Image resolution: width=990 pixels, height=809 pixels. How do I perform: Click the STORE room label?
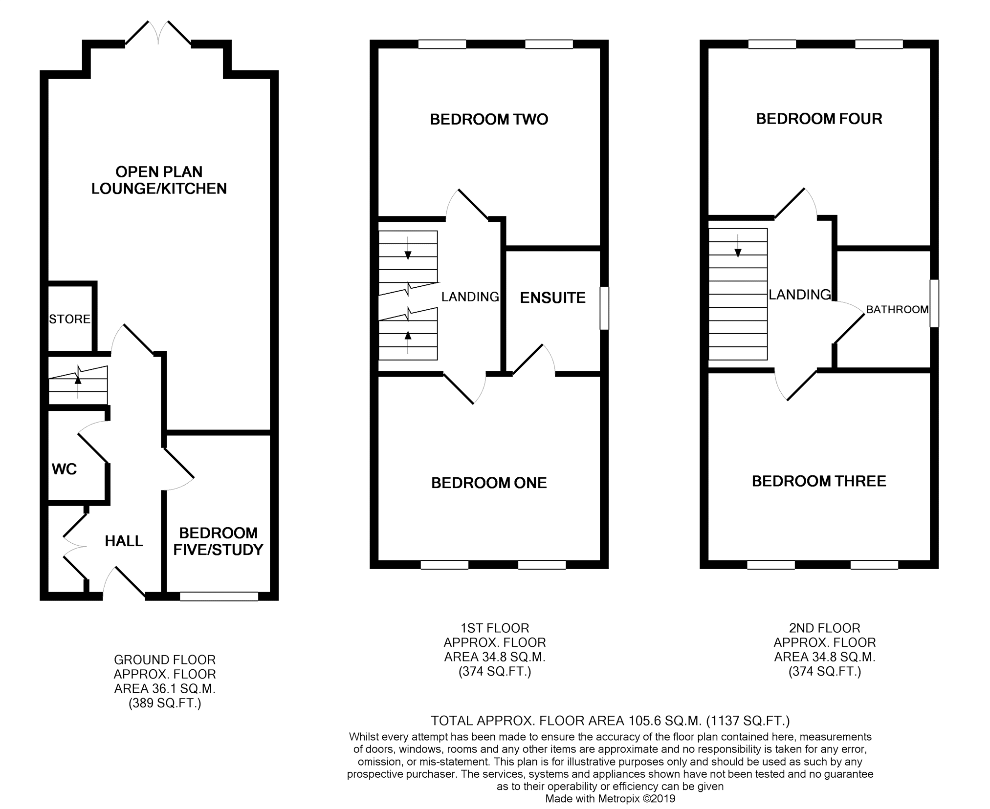(x=70, y=319)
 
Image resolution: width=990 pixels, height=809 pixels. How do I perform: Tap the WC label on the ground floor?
(x=65, y=469)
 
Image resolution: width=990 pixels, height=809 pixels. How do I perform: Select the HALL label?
(x=124, y=541)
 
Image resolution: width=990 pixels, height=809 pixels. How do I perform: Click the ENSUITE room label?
(x=552, y=298)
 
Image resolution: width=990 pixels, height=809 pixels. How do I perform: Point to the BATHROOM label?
(x=897, y=309)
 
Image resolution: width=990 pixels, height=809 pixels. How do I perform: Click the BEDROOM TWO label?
(x=489, y=119)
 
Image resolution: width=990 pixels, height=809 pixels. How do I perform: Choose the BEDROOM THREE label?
(x=819, y=481)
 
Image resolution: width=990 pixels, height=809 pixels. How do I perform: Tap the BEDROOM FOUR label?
(x=819, y=119)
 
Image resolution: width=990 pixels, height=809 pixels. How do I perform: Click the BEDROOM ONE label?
(x=489, y=483)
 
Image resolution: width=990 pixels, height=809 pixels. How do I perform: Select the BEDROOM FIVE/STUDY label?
(x=219, y=541)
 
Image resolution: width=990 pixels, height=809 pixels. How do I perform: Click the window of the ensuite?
(x=604, y=308)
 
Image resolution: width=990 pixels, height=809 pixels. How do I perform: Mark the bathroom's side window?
(x=934, y=303)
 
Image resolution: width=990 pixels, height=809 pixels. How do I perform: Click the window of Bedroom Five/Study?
(x=219, y=596)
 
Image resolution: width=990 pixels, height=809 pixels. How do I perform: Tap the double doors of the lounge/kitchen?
(x=158, y=33)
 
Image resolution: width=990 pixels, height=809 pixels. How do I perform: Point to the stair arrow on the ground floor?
(x=78, y=381)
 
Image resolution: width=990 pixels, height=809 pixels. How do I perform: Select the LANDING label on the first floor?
(x=470, y=297)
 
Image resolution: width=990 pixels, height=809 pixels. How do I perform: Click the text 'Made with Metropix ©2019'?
(x=610, y=798)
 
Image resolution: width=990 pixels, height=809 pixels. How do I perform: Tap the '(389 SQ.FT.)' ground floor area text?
(x=165, y=703)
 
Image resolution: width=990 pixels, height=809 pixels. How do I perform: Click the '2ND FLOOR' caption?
(x=824, y=628)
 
